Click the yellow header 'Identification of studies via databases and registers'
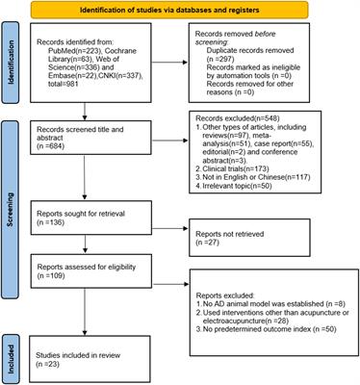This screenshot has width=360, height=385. click(x=180, y=10)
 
